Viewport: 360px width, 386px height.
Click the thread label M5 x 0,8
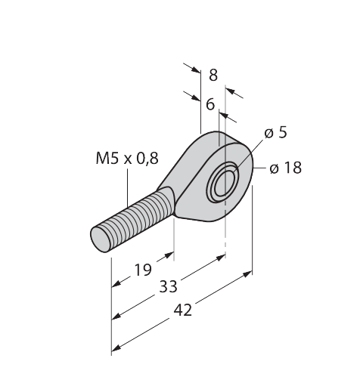point(127,159)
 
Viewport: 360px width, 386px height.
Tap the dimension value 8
point(213,75)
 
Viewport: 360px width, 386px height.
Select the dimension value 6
point(210,104)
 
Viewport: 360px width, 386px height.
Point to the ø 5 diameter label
point(275,132)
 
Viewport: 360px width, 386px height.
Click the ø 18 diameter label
point(285,168)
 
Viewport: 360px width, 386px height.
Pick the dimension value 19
point(143,270)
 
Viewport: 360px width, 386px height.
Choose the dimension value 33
point(168,286)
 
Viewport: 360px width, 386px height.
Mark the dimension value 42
point(183,310)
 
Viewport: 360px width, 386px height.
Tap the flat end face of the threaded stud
point(101,239)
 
